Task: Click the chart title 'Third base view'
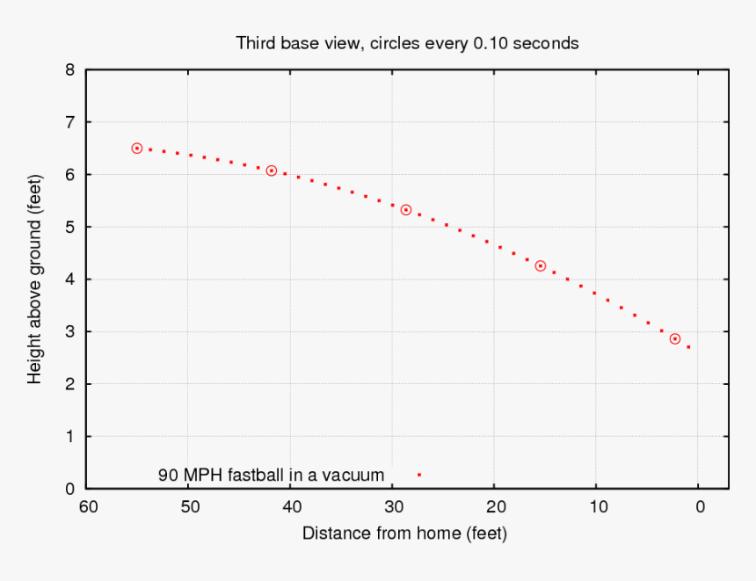(407, 42)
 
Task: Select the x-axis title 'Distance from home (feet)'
(404, 533)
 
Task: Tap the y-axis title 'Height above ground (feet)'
(35, 278)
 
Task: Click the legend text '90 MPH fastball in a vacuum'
(271, 475)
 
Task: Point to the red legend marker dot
(419, 475)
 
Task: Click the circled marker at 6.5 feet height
(137, 149)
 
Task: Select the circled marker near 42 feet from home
(272, 171)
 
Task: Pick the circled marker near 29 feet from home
(406, 210)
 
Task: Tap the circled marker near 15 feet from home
(541, 265)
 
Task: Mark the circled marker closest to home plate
(675, 338)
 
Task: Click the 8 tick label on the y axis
(69, 69)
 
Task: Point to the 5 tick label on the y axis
(69, 227)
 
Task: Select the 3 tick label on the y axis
(69, 332)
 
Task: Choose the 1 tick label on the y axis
(69, 437)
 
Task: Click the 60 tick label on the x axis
(87, 506)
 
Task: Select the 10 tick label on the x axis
(597, 506)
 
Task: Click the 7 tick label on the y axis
(69, 122)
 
